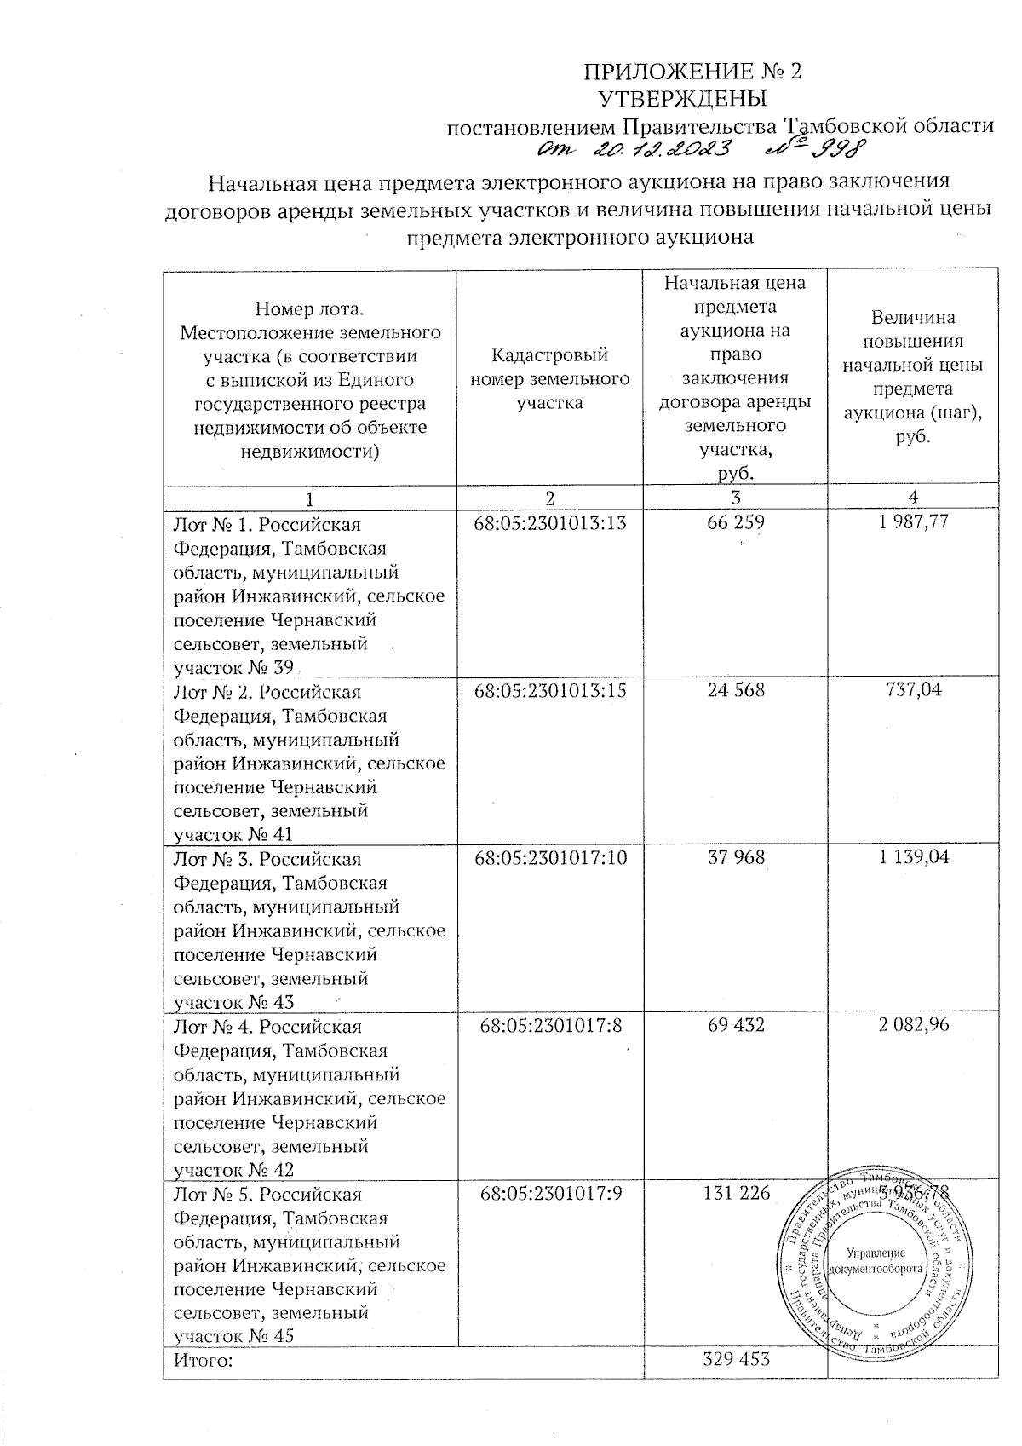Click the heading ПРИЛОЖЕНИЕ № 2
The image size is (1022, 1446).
pyautogui.click(x=692, y=71)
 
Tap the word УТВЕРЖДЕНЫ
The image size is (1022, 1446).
pyautogui.click(x=691, y=98)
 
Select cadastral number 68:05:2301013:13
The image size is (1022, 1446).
pyautogui.click(x=549, y=522)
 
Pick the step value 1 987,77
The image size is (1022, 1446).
pyautogui.click(x=913, y=522)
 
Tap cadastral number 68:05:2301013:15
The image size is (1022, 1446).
pyautogui.click(x=549, y=690)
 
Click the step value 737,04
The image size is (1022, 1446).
pyautogui.click(x=913, y=690)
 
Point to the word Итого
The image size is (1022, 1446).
pyautogui.click(x=203, y=1360)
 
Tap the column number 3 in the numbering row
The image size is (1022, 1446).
pyautogui.click(x=735, y=498)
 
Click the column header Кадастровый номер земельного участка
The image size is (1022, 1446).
pyautogui.click(x=549, y=377)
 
